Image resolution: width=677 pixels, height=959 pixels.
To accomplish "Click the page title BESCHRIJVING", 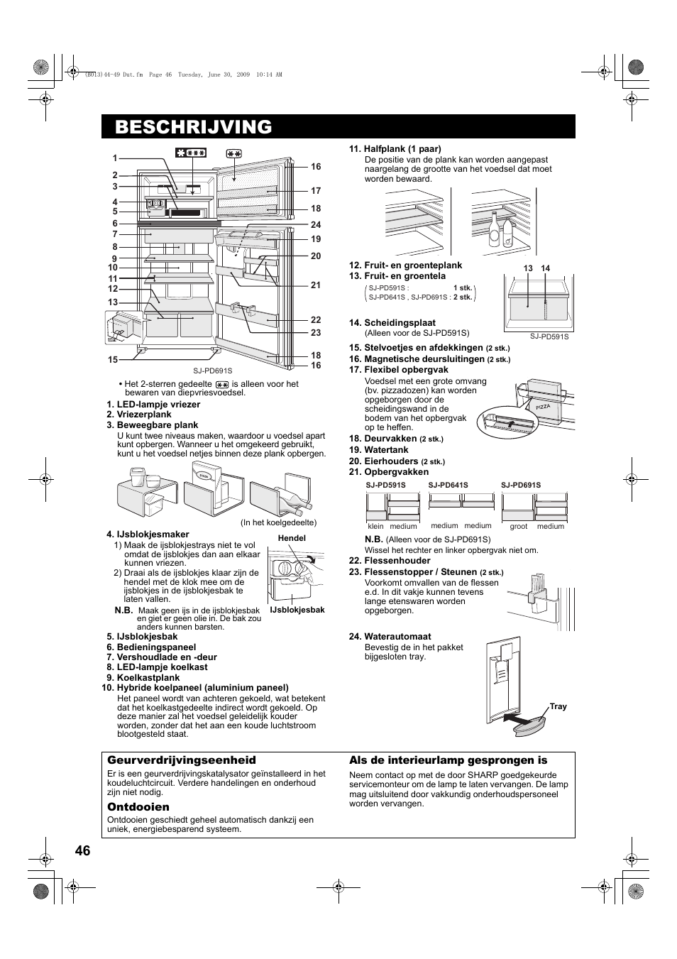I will [x=193, y=127].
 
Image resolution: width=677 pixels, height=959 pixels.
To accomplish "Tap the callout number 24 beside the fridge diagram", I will [x=316, y=225].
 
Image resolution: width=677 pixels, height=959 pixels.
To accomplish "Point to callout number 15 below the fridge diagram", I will [x=113, y=360].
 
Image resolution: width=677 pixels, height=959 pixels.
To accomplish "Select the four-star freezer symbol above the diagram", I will [x=191, y=153].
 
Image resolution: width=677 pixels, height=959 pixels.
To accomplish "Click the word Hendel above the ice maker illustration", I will [x=292, y=539].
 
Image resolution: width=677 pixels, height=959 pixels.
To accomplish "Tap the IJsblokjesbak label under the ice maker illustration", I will [x=297, y=610].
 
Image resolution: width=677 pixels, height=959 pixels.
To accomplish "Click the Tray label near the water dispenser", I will [x=558, y=707].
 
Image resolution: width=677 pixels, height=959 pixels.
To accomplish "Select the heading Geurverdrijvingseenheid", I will [x=181, y=760].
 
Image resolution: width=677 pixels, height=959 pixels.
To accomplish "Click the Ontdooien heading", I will [x=138, y=807].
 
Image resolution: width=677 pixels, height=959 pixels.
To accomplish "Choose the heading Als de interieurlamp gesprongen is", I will [x=448, y=760].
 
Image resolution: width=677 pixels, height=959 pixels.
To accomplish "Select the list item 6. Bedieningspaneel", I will [x=151, y=647].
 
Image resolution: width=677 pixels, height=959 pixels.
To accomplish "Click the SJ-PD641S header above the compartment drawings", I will [x=448, y=486].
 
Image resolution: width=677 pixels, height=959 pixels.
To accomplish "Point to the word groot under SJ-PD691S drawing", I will [x=518, y=527].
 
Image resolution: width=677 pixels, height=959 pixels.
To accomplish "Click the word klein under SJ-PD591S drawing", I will [x=375, y=527].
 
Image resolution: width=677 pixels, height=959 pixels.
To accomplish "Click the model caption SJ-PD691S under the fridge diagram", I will [x=213, y=371].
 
